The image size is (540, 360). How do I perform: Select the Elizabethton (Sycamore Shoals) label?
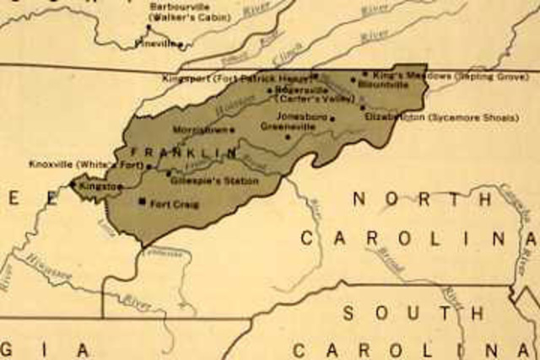point(441,118)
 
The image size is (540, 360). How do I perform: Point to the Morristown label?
point(200,130)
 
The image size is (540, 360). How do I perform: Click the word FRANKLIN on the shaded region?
point(178,153)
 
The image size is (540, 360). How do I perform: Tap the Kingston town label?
point(99,185)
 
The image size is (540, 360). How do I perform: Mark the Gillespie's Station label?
point(211,181)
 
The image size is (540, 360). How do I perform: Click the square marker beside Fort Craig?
point(142,202)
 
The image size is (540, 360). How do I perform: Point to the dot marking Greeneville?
point(289,137)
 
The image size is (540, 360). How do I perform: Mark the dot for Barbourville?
point(148,26)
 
